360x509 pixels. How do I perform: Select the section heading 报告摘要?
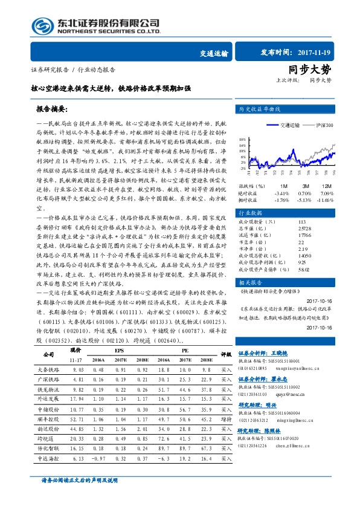click(x=53, y=111)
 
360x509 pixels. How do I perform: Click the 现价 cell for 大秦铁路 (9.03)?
click(x=78, y=369)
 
